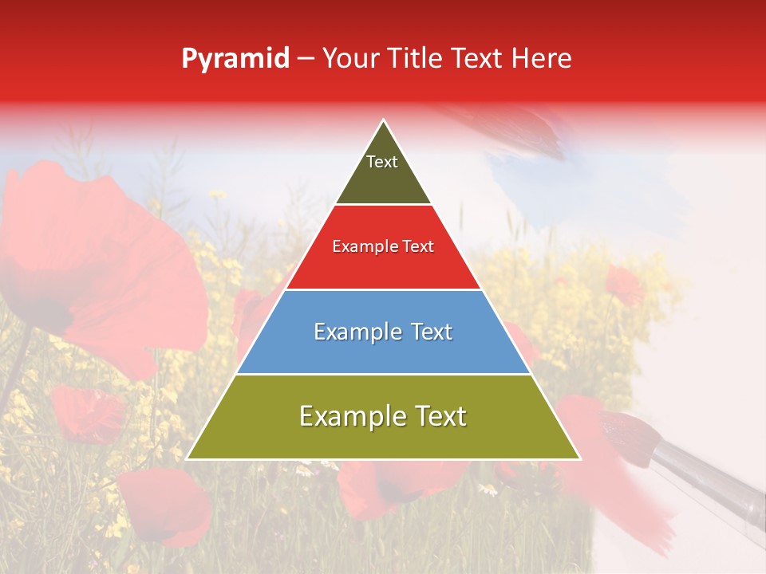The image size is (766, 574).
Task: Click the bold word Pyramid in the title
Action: pyautogui.click(x=235, y=59)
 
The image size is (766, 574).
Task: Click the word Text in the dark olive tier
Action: pyautogui.click(x=382, y=162)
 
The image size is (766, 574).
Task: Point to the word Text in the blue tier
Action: pyautogui.click(x=423, y=332)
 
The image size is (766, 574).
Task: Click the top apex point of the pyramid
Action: pyautogui.click(x=384, y=120)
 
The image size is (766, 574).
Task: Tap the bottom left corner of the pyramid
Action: pyautogui.click(x=188, y=458)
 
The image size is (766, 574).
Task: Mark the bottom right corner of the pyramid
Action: pyautogui.click(x=579, y=458)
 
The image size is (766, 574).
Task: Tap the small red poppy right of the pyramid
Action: pyautogui.click(x=625, y=285)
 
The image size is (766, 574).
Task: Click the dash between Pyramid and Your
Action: pyautogui.click(x=306, y=59)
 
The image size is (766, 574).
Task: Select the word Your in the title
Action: pyautogui.click(x=349, y=59)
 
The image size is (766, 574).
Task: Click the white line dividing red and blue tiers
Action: pyautogui.click(x=384, y=289)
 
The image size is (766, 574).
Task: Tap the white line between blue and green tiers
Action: pyautogui.click(x=384, y=374)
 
